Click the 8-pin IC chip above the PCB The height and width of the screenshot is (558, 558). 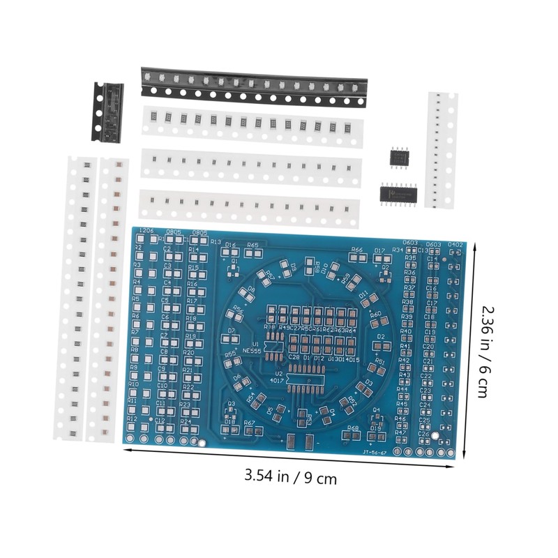point(398,158)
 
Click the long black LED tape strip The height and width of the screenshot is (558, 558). point(253,86)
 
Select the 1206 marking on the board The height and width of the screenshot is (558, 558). point(146,231)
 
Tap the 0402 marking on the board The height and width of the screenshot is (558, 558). point(455,244)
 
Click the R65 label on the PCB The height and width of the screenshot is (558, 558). point(252,246)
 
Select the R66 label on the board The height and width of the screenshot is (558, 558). point(357,249)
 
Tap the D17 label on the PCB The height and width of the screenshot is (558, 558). point(380,250)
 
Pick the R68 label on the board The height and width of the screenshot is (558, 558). point(353,428)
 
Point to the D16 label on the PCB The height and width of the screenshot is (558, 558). point(231,245)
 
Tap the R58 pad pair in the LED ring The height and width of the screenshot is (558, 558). point(317,269)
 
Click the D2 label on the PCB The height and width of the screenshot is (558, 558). point(382,336)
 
